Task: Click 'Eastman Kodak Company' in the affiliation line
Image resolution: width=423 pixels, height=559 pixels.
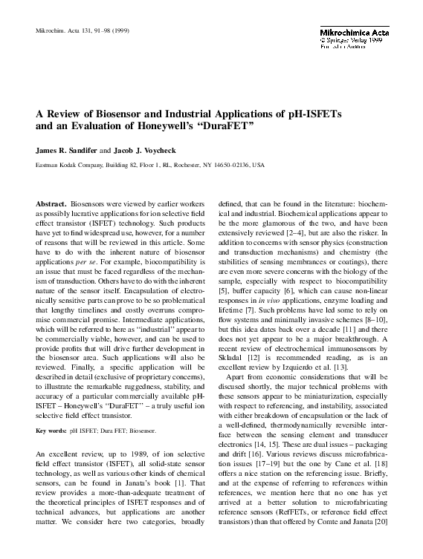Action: pyautogui.click(x=64, y=165)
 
